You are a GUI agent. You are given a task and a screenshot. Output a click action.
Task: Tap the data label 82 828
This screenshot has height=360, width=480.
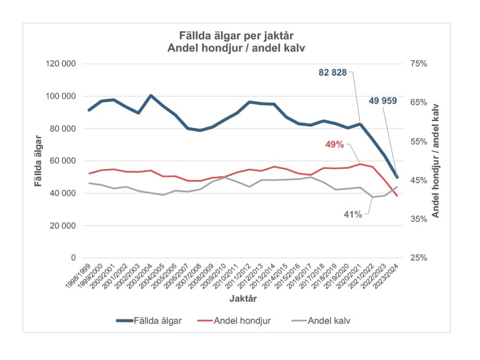(332, 72)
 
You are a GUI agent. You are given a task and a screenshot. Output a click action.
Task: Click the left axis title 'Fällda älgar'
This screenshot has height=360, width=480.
(38, 161)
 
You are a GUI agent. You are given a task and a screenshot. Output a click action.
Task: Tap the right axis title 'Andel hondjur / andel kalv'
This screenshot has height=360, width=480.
(436, 161)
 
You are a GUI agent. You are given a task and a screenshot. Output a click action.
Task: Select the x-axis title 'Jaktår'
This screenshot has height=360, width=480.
(240, 299)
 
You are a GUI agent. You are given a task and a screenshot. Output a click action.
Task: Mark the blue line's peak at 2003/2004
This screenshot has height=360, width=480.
(151, 96)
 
